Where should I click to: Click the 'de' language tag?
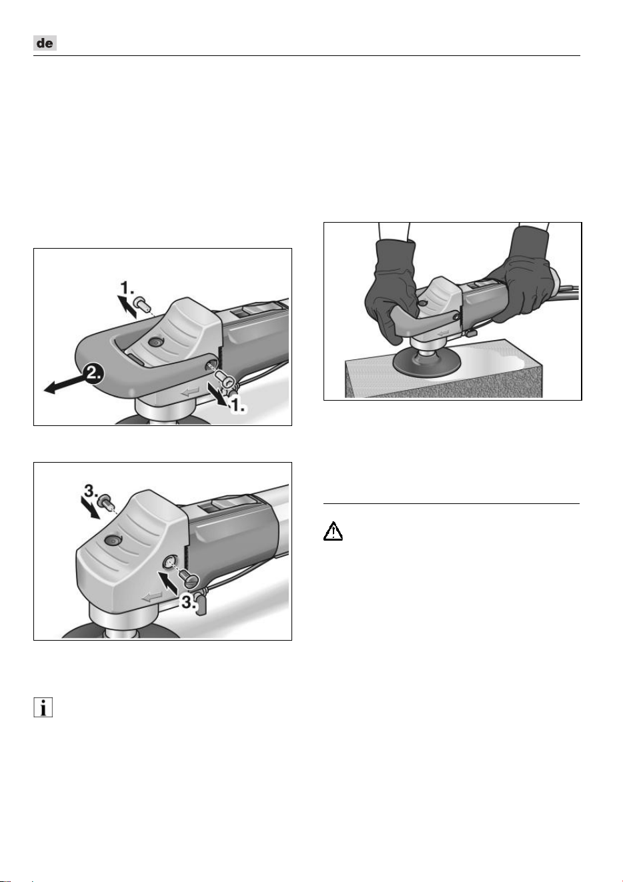(45, 43)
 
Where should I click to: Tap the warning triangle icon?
(333, 531)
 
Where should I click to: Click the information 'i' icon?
(43, 707)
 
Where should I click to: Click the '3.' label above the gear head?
(91, 491)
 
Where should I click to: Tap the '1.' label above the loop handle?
(127, 288)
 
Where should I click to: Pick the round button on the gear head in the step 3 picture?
(112, 541)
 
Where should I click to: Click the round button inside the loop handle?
(155, 342)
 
